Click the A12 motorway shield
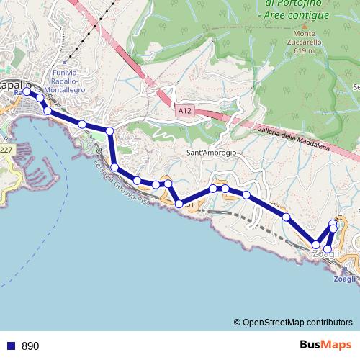[185, 111]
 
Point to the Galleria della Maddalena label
[292, 136]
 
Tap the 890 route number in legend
[31, 346]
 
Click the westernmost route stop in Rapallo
[27, 92]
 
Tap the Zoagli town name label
[326, 255]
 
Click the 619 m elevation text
[305, 51]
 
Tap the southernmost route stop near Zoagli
[328, 249]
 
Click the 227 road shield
[6, 150]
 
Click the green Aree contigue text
[296, 15]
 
